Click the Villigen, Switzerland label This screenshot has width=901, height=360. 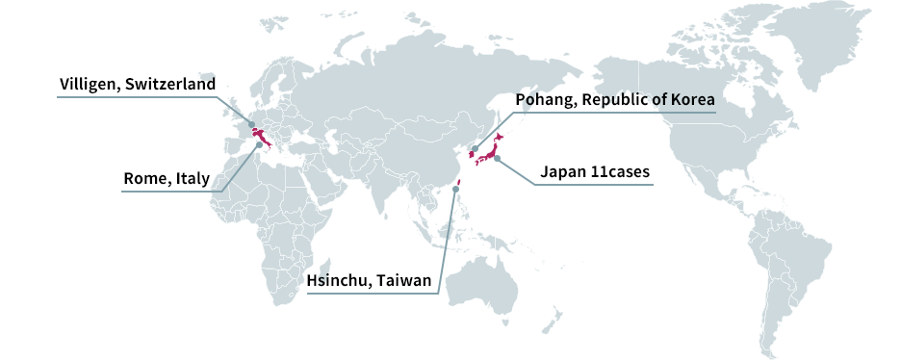tap(137, 84)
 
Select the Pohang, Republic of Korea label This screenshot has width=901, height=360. tap(616, 99)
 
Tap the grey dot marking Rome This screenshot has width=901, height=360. tap(259, 145)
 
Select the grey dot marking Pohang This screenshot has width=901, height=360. tap(475, 149)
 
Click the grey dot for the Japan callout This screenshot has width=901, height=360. tap(497, 159)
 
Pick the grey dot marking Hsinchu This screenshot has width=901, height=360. tap(454, 190)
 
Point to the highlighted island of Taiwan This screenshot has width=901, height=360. tap(459, 183)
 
